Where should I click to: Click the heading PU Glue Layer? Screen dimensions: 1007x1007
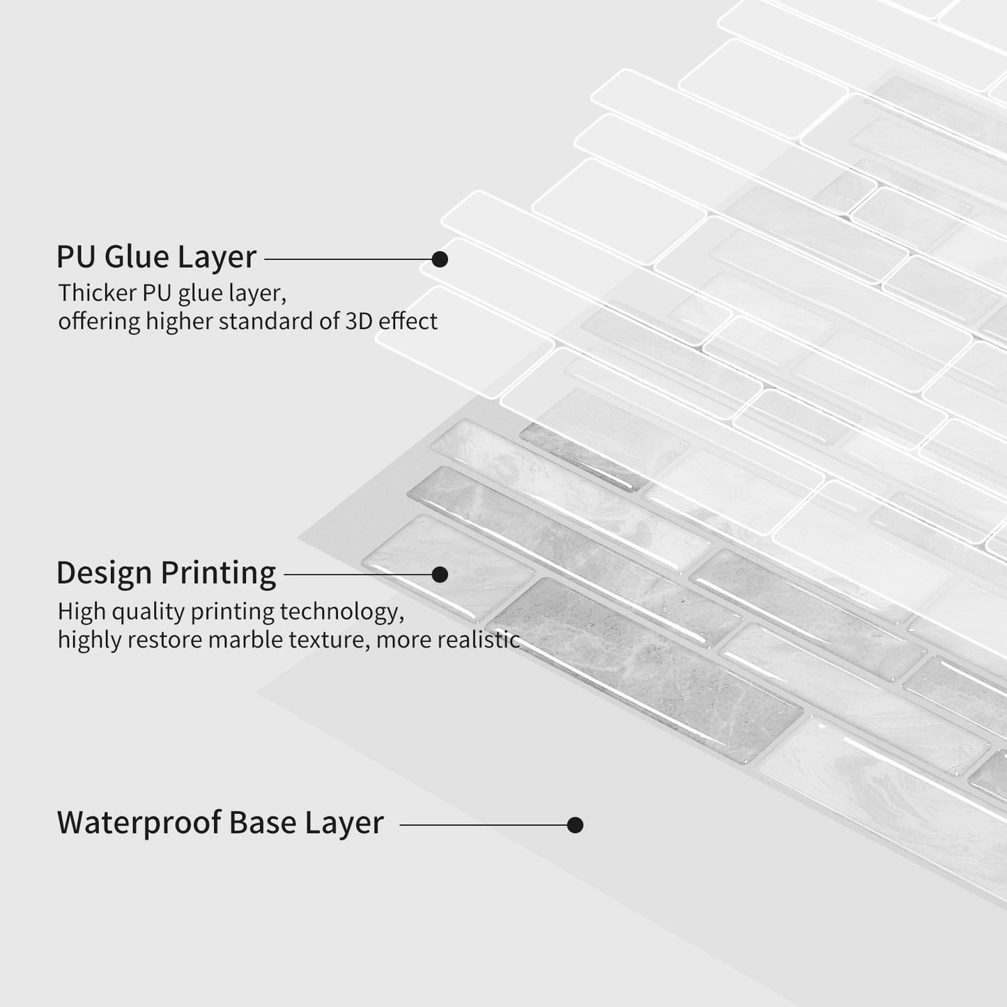156,256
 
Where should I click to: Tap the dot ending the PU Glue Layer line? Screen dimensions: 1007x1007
440,259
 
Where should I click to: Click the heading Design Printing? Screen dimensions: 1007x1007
166,573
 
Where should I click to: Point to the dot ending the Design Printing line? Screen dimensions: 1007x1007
440,574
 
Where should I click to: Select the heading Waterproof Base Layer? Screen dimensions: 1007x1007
220,822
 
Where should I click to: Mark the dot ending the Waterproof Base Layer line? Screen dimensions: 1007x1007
575,825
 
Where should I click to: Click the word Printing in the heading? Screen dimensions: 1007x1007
218,573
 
